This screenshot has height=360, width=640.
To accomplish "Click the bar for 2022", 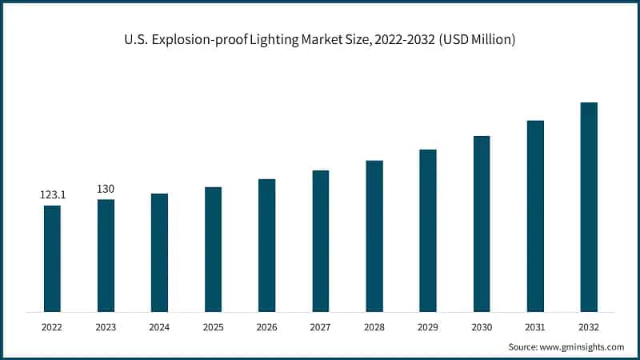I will coord(52,258).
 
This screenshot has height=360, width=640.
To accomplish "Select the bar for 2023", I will coord(106,255).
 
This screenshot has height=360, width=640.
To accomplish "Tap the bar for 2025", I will coord(213,249).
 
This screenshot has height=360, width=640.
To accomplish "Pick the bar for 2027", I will coord(321,241).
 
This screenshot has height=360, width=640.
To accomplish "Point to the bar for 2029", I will coord(428,230).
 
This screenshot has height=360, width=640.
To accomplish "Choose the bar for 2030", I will coord(482,223).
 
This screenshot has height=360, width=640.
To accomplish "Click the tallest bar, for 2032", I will coord(589,206).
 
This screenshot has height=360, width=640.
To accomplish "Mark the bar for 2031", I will coord(535,216).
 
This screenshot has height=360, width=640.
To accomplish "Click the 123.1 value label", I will coord(52,194).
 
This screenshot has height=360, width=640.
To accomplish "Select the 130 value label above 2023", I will coord(106,189).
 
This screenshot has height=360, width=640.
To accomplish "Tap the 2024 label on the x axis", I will coord(159,326).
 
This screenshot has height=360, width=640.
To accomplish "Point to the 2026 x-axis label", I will coord(266,326).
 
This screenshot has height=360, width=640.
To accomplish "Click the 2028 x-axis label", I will coord(374,326).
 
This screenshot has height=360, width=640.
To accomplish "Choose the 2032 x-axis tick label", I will coord(589,326).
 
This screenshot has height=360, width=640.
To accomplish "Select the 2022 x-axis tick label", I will coord(52,326).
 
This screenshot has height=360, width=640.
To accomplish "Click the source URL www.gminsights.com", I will coord(582,347).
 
